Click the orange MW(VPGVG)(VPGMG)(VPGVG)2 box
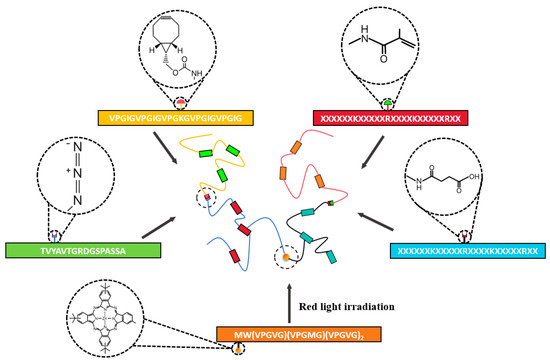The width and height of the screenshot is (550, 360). click(280, 333)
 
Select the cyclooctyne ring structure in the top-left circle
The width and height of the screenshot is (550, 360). click(173, 35)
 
